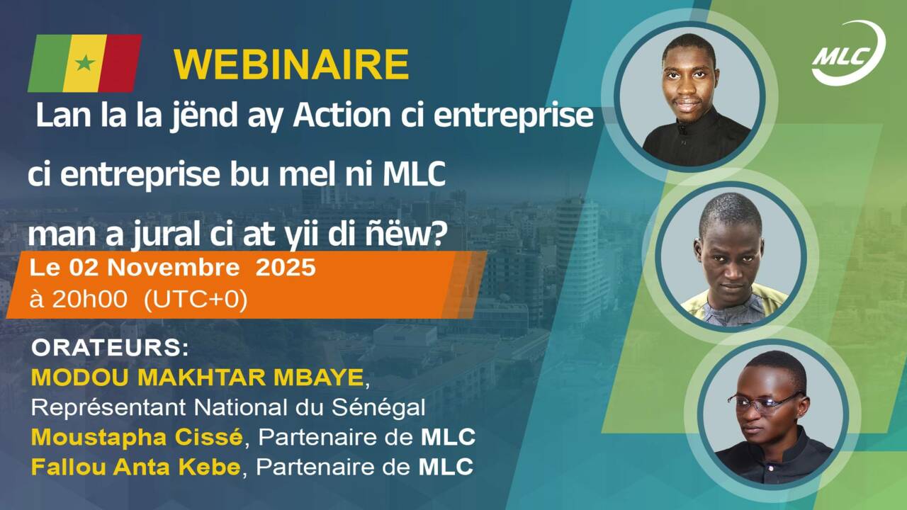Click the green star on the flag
85,63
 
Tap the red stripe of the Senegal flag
120,63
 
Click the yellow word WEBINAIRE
291,64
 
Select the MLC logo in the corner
849,53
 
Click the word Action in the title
342,115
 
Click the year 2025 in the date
286,268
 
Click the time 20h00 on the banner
89,300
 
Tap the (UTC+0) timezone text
196,301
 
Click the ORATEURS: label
110,348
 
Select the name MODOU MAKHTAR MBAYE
197,378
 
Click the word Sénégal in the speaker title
378,407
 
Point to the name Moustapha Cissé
137,438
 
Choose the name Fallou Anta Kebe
136,467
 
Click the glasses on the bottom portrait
763,402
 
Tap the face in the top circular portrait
687,83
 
